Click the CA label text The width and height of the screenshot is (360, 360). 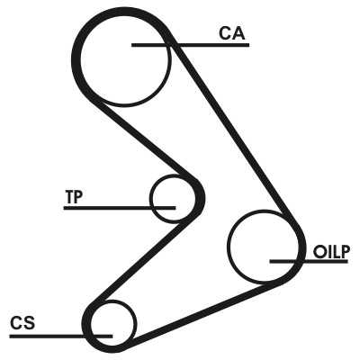click(x=232, y=33)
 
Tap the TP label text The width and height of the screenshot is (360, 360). click(x=74, y=197)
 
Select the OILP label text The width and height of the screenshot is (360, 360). click(x=331, y=252)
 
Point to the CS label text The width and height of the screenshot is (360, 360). click(x=22, y=323)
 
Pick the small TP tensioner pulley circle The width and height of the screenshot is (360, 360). click(x=173, y=199)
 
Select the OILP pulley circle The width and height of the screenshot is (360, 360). click(x=263, y=247)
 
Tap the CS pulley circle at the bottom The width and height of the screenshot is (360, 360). click(x=112, y=323)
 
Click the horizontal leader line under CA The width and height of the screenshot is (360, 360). click(x=191, y=45)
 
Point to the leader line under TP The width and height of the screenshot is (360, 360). click(x=120, y=208)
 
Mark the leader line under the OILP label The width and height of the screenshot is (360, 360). click(x=309, y=262)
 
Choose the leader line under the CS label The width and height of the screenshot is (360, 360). click(x=61, y=337)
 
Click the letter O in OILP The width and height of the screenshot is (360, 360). click(x=319, y=252)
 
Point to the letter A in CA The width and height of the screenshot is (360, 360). click(x=238, y=33)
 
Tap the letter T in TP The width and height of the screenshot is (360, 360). click(x=69, y=197)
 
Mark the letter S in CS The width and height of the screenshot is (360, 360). click(x=30, y=323)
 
